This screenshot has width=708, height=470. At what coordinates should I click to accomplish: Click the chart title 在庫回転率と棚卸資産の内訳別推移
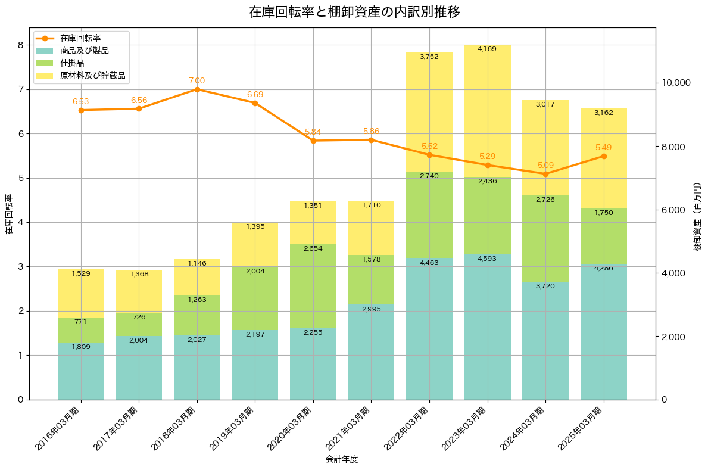tap(354, 12)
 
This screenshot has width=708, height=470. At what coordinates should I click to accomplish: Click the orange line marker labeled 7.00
tap(197, 89)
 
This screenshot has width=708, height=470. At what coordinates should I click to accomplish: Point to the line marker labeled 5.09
tap(545, 174)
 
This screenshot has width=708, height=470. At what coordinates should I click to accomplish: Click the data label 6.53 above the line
tap(80, 102)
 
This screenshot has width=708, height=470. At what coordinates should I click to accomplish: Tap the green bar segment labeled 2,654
tap(313, 286)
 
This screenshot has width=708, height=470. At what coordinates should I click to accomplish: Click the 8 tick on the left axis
tap(20, 45)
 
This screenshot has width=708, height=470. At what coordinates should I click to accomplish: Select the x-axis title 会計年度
tap(342, 459)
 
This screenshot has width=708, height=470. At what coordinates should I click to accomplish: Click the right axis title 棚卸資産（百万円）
tap(697, 217)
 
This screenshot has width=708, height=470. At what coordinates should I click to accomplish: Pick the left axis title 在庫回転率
tap(8, 214)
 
